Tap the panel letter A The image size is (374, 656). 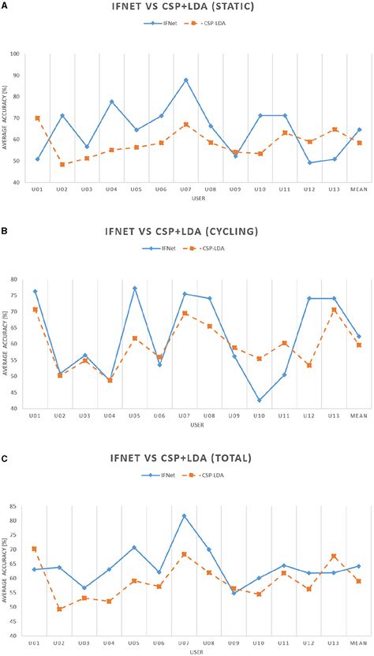(x=6, y=4)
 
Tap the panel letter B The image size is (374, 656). (x=6, y=229)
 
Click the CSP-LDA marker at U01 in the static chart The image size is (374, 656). (x=38, y=118)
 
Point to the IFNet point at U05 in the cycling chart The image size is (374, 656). (x=134, y=289)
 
